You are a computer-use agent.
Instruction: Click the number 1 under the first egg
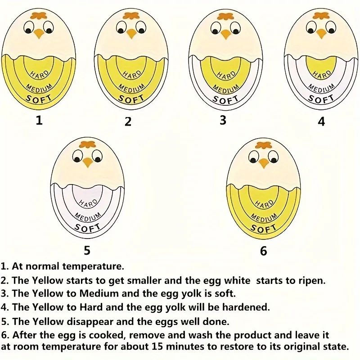coord(40,120)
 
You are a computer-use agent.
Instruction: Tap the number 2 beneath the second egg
coord(128,121)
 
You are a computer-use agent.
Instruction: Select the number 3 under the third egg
coord(223,120)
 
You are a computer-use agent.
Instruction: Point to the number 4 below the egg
coord(321,121)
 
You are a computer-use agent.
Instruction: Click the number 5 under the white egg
coord(87,250)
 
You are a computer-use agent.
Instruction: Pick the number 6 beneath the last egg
coord(263,251)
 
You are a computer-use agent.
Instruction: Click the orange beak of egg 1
coord(39,33)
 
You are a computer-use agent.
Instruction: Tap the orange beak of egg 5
coord(88,162)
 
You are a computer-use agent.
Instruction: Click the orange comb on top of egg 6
coord(263,145)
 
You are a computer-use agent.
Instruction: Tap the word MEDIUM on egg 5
coord(87,217)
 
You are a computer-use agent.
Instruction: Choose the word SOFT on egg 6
coord(264,229)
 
